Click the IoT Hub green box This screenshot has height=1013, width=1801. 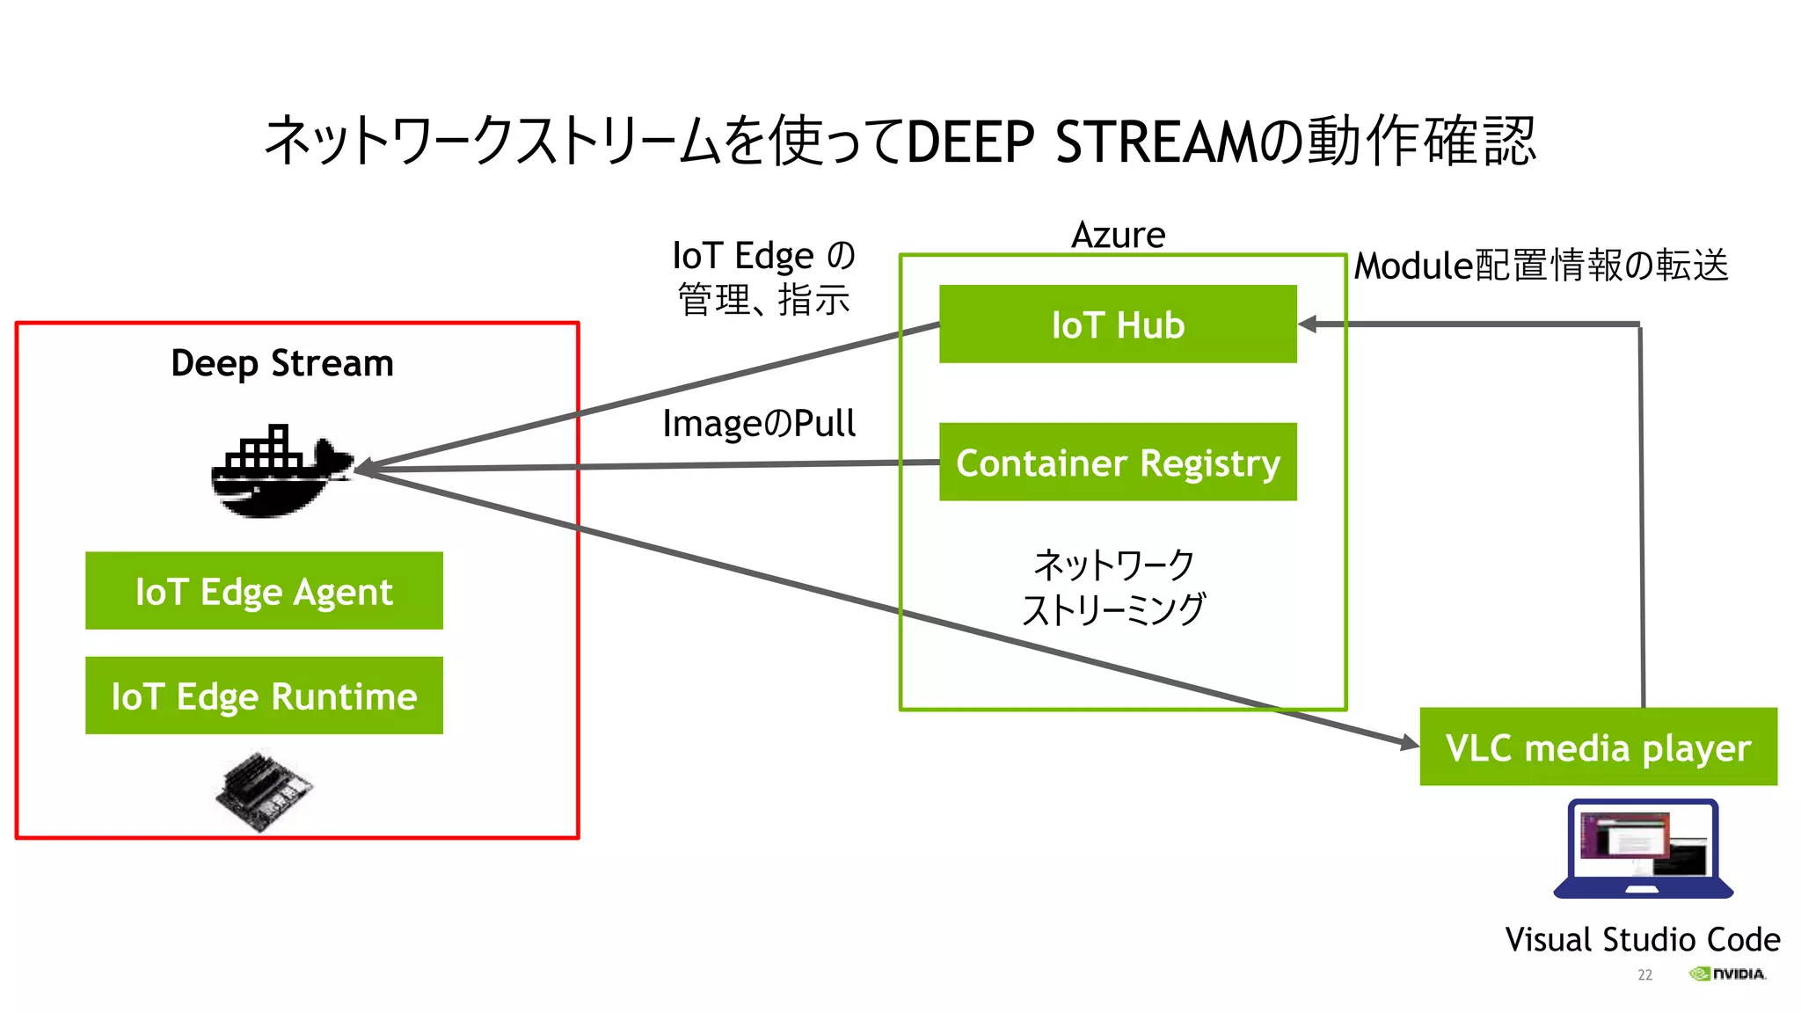1118,324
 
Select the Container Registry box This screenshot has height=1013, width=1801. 1118,463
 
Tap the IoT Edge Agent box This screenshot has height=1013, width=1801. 264,591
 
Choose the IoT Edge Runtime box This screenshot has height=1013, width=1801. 264,696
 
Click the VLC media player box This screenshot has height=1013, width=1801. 1598,747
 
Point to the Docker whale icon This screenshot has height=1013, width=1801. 280,473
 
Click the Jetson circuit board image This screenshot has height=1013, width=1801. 264,789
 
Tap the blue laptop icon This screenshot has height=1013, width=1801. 1643,849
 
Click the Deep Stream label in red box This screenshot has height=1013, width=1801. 281,363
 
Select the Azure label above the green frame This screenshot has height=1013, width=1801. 1118,236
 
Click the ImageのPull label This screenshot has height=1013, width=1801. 758,424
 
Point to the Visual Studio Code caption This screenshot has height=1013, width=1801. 1642,939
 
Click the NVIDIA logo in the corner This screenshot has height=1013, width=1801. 1727,973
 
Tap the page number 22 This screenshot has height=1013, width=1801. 1644,974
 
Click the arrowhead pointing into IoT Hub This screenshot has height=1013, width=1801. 1308,324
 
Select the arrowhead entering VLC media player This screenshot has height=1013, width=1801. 1410,744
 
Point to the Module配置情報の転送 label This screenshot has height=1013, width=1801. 1541,266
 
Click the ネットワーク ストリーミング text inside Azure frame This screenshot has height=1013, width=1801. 1113,587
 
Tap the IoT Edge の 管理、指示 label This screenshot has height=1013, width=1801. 763,277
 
